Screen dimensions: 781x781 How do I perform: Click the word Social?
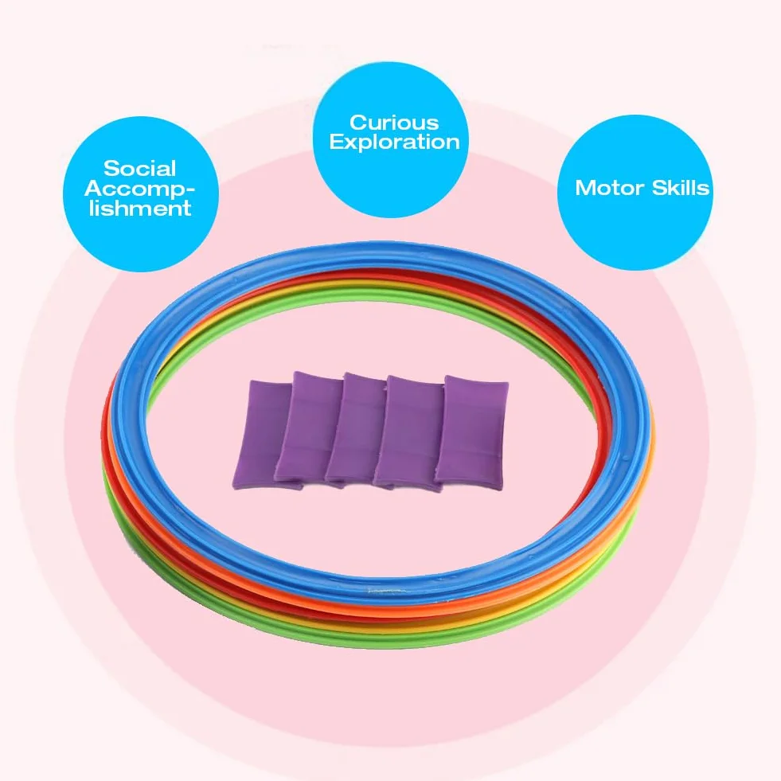[x=140, y=168]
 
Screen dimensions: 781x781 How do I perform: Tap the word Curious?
[x=394, y=123]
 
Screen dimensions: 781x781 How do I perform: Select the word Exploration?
[x=394, y=143]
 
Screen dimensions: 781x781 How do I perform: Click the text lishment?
[x=140, y=208]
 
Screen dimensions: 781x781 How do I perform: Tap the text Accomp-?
[x=140, y=188]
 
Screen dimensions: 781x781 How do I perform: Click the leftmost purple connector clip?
[x=261, y=435]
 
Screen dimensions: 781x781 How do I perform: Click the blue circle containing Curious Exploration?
[x=391, y=140]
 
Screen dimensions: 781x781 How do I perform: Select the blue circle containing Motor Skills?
[x=635, y=192]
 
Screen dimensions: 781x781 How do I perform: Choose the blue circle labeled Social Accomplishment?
[x=141, y=193]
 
